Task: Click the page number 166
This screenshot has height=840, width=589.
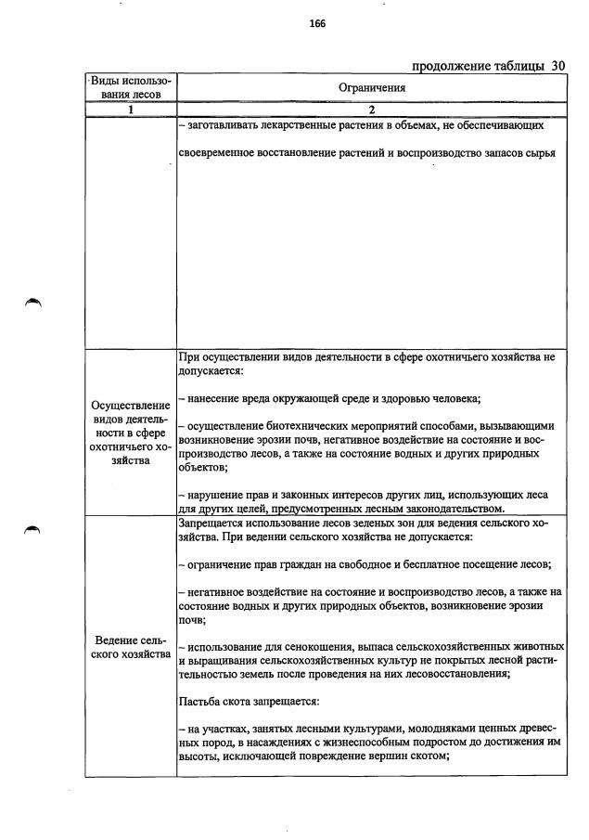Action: (316, 24)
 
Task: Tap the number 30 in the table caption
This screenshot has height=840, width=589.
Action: (557, 66)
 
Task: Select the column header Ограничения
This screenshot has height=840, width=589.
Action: (371, 87)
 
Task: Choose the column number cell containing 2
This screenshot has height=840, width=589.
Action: (371, 110)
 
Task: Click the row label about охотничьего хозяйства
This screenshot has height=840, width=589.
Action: (131, 433)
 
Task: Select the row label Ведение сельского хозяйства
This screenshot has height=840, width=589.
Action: (131, 647)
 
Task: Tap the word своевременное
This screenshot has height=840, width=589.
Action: (220, 151)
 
